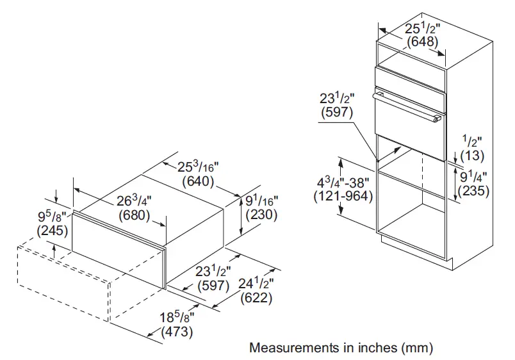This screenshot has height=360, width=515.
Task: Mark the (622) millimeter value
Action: (x=256, y=297)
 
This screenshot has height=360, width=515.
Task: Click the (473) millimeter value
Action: (x=177, y=332)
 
